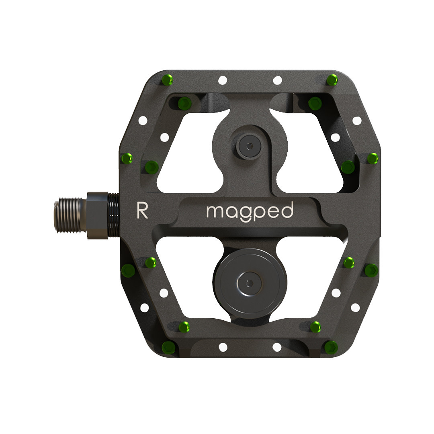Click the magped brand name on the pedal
click(250, 211)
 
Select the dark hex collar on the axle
click(97, 215)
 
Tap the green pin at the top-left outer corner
click(167, 80)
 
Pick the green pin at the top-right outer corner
click(332, 80)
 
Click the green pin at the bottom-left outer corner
click(167, 346)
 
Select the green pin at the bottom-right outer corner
click(331, 346)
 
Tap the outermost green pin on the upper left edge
click(127, 159)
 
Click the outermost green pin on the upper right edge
click(373, 159)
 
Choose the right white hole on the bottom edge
click(277, 347)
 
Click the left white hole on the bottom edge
click(223, 347)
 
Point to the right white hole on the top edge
click(277, 80)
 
